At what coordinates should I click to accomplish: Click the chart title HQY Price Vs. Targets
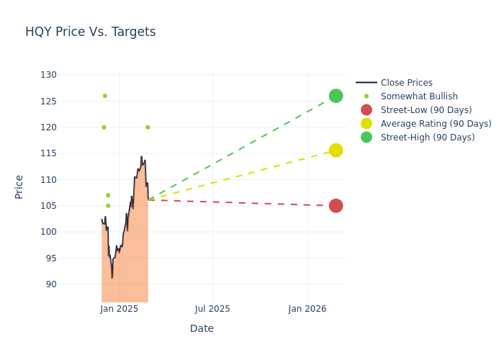pyautogui.click(x=90, y=32)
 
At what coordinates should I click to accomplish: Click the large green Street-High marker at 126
pyautogui.click(x=336, y=96)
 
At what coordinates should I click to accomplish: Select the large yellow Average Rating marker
pyautogui.click(x=336, y=150)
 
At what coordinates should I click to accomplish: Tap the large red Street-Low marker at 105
pyautogui.click(x=336, y=206)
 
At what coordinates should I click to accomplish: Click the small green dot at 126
pyautogui.click(x=104, y=96)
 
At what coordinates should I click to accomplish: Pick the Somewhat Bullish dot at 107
pyautogui.click(x=108, y=195)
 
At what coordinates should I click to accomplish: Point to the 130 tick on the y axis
pyautogui.click(x=48, y=75)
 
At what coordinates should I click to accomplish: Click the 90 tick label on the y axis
pyautogui.click(x=50, y=284)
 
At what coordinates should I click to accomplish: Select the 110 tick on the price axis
pyautogui.click(x=48, y=179)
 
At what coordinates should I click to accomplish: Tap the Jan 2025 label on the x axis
pyautogui.click(x=119, y=309)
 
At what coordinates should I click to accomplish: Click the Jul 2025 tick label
pyautogui.click(x=212, y=309)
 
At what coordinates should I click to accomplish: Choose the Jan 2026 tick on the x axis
pyautogui.click(x=307, y=309)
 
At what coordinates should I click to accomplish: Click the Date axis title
pyautogui.click(x=202, y=329)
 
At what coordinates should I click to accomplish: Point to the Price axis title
pyautogui.click(x=19, y=186)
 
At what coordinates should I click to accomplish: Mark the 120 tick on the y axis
pyautogui.click(x=48, y=127)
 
